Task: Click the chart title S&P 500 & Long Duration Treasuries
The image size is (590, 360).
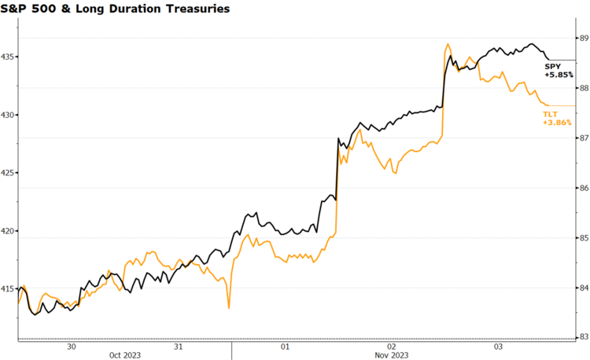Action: tap(116, 9)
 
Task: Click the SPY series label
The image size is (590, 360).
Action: tap(553, 66)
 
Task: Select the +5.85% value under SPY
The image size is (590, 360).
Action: tap(559, 75)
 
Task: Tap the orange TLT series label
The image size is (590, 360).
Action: tap(549, 115)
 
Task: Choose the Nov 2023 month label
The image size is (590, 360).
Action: tap(391, 355)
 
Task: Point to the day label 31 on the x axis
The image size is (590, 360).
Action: tap(179, 346)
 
